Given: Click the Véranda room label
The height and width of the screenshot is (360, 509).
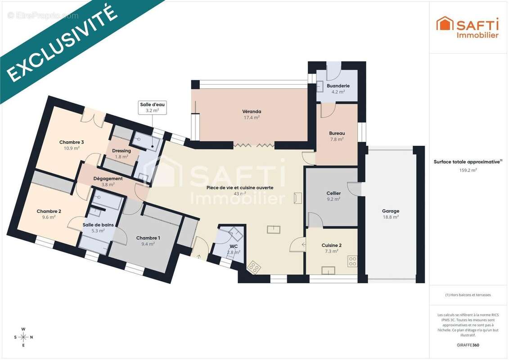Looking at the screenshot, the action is point(252,112).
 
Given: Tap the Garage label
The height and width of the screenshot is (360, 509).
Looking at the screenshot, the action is point(391,211).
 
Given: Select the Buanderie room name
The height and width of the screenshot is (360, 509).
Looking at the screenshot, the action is point(338,85).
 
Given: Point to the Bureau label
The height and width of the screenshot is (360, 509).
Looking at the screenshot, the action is point(337,133).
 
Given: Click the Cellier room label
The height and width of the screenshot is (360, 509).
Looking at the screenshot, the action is point(333,193).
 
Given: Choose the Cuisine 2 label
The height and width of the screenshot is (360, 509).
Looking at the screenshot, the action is point(331,245).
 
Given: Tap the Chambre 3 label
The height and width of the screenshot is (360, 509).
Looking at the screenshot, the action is point(72,142).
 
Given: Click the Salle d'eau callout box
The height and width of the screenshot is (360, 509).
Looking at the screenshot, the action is point(152,108).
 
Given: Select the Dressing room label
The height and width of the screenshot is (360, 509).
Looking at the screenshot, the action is point(122,151).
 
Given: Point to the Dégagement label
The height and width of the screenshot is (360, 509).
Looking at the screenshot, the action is point(108,179).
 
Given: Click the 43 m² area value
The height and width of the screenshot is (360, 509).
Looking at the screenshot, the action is point(240,194).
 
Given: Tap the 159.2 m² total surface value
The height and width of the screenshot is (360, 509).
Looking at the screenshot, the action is point(468,170).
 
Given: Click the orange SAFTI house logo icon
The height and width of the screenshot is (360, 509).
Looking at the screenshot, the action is point(445,23).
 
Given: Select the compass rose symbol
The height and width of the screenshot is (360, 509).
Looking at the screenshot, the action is point(23,337).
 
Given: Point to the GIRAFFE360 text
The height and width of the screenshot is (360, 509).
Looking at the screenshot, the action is point(468,345).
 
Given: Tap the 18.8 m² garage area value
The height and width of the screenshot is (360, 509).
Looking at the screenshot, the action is point(391,217).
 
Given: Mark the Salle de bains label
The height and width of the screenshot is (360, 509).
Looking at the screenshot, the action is point(98,225).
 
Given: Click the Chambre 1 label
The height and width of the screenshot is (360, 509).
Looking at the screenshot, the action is point(148,238).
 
